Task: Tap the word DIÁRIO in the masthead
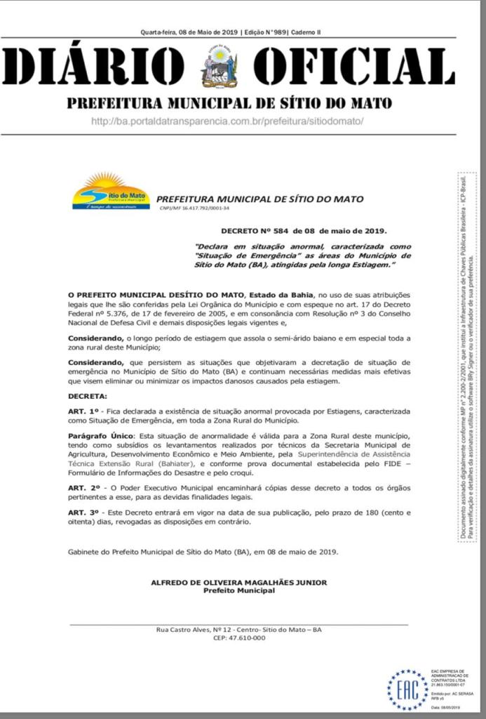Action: [x=95, y=68]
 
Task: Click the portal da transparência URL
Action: [x=227, y=121]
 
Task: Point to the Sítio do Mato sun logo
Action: [x=111, y=191]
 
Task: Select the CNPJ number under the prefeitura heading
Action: [x=195, y=209]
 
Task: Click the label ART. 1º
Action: [x=83, y=410]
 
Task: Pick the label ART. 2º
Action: [x=83, y=487]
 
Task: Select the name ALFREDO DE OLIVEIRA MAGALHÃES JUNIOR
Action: [x=238, y=582]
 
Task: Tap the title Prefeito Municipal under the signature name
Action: [x=238, y=591]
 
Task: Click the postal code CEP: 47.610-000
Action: [x=239, y=638]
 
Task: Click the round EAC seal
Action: [x=407, y=690]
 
